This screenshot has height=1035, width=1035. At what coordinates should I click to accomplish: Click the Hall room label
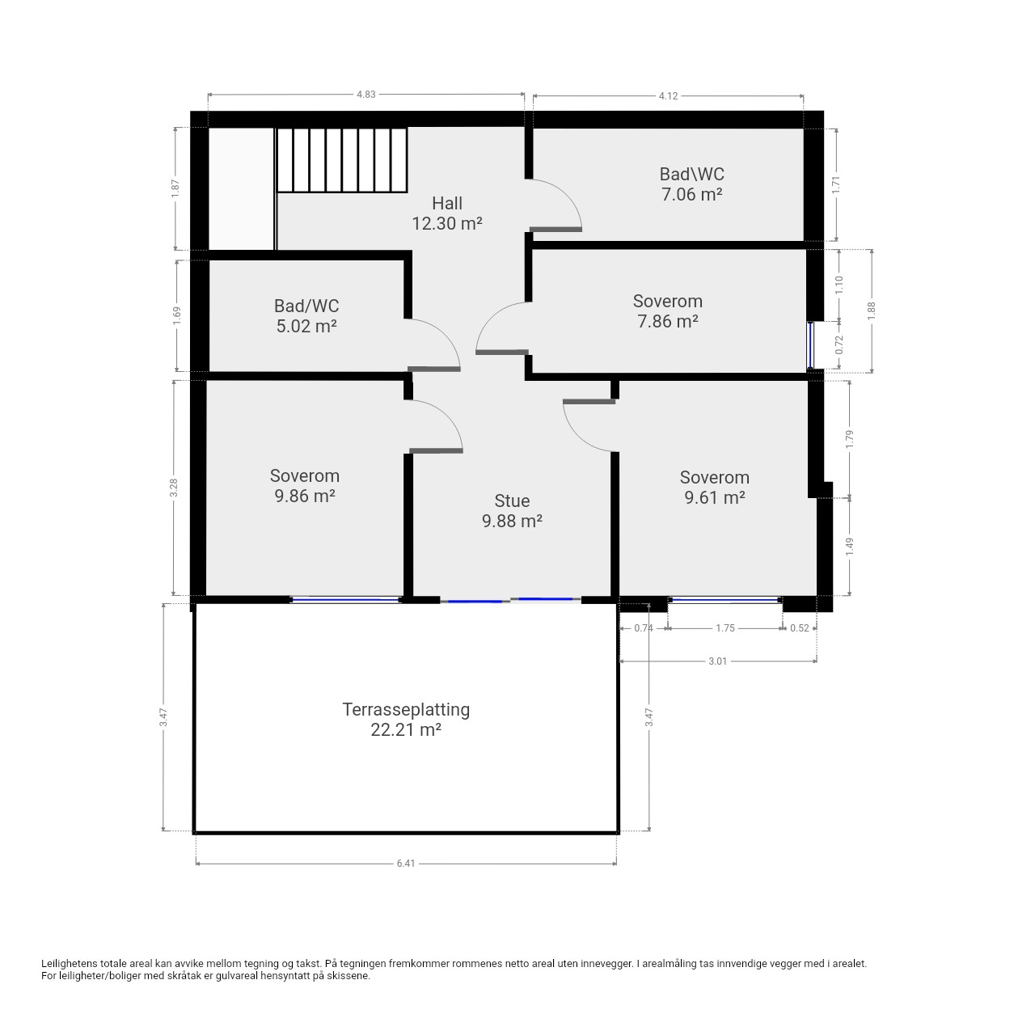tap(447, 204)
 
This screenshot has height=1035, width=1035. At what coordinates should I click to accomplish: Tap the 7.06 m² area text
tap(691, 194)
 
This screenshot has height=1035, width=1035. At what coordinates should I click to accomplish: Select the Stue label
tap(512, 501)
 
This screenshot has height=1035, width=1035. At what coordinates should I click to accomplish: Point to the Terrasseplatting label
tap(406, 709)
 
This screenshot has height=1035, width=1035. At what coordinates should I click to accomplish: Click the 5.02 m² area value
tap(306, 326)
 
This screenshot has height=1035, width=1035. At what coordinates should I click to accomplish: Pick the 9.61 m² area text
tap(714, 497)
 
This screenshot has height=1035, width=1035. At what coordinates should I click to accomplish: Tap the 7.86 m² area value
tap(668, 321)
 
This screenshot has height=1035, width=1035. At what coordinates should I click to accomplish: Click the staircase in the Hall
tap(341, 160)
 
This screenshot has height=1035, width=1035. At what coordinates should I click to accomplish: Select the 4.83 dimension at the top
tap(365, 95)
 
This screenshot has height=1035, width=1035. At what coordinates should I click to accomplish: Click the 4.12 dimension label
tap(668, 96)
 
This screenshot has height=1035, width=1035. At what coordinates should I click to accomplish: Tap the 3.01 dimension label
tap(717, 661)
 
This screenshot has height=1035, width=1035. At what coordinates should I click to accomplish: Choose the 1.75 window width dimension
tap(725, 628)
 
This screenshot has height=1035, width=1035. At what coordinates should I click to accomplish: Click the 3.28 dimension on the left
tap(174, 488)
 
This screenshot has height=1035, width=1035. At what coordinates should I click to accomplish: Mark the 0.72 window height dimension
tap(839, 344)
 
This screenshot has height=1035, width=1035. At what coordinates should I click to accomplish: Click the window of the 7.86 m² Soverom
tap(810, 345)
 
